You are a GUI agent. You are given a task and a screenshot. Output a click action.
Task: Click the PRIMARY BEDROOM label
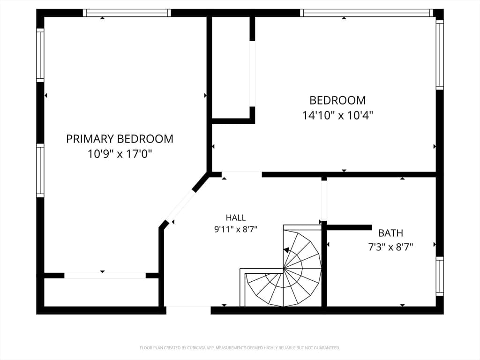[120, 139]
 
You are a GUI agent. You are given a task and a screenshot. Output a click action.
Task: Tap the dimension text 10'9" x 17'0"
[120, 154]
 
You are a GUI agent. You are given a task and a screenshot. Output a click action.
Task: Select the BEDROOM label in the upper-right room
[337, 100]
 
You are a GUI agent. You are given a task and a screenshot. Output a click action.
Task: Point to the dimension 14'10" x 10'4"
[337, 115]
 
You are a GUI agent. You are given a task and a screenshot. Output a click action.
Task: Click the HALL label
[236, 217]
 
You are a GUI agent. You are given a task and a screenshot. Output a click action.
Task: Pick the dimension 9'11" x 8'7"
[236, 229]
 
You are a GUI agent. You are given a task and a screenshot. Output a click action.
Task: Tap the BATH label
[390, 233]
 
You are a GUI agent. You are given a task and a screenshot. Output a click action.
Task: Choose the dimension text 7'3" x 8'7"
[390, 247]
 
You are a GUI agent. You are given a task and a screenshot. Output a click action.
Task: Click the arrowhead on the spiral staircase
[286, 250]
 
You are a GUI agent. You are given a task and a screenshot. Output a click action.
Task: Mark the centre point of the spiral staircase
[284, 269]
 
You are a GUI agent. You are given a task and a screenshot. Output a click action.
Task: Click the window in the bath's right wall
[440, 276]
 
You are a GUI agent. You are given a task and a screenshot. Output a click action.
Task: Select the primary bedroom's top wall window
[127, 13]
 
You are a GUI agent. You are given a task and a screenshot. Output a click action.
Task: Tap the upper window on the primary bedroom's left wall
[40, 55]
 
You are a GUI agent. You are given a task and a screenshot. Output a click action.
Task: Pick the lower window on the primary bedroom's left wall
[40, 171]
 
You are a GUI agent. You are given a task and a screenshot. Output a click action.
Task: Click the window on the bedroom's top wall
[367, 13]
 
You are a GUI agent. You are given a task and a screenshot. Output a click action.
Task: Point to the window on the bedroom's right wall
[440, 55]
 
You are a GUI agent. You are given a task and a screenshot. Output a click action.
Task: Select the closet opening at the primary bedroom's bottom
[105, 276]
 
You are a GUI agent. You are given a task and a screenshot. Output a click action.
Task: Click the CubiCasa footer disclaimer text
[240, 348]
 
